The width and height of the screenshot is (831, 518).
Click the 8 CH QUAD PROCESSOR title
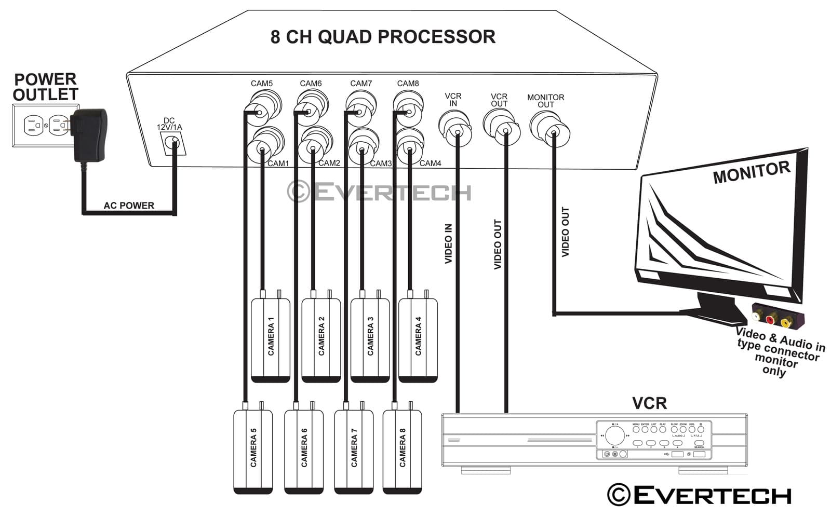point(383,37)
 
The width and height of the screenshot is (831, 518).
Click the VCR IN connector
point(455,126)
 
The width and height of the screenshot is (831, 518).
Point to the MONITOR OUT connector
point(550,128)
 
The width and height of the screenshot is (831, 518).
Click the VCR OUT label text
point(499,100)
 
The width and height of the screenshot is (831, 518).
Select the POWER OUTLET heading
point(45,87)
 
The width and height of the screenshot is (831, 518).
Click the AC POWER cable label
point(129,206)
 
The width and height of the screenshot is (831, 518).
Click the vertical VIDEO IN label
point(449,243)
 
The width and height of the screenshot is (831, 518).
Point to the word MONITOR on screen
point(751,172)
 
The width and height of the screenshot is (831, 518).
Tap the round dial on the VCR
point(614,435)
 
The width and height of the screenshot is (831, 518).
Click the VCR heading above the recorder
point(649,403)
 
